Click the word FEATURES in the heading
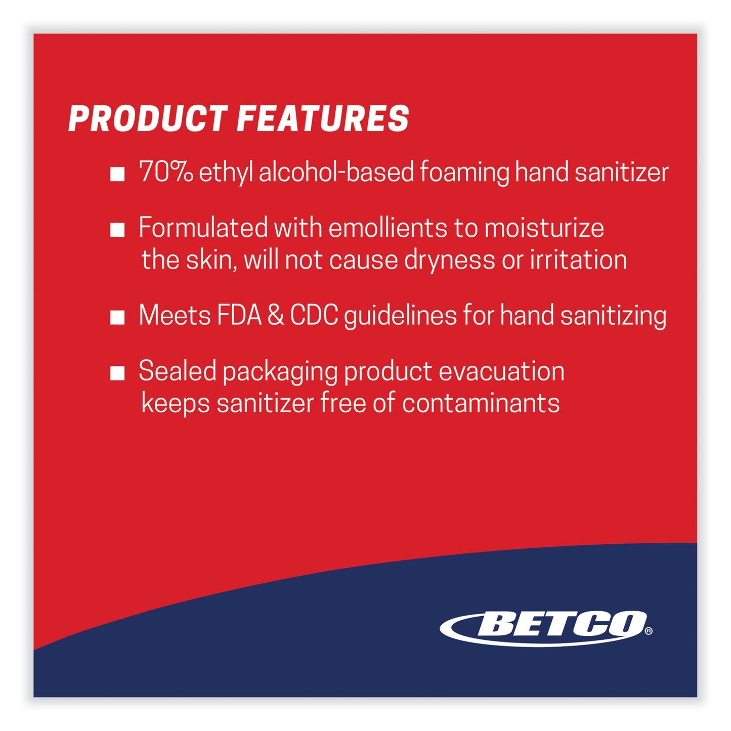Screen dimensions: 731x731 [323, 119]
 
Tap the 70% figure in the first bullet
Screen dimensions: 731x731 [166, 172]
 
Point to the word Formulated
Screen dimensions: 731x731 [203, 228]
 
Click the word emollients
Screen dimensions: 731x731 [388, 228]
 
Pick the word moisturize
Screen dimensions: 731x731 [544, 228]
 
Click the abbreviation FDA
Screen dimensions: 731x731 [239, 316]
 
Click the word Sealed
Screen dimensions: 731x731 [178, 371]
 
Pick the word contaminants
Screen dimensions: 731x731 [481, 404]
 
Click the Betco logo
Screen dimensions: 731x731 [544, 627]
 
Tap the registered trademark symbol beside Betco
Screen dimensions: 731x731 [649, 631]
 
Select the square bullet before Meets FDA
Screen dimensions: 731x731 [118, 318]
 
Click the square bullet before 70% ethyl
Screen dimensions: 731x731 [118, 175]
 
